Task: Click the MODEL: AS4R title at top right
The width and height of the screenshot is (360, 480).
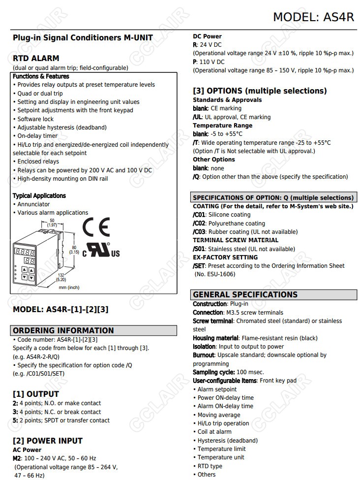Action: pyautogui.click(x=313, y=17)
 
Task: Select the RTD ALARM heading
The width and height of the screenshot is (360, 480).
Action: pyautogui.click(x=36, y=58)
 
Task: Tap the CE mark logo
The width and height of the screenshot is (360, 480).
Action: pyautogui.click(x=95, y=227)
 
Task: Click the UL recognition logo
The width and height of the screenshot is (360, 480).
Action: pyautogui.click(x=101, y=250)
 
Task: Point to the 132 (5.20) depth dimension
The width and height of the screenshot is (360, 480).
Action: pyautogui.click(x=61, y=277)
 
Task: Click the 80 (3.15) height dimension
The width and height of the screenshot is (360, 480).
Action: pyautogui.click(x=74, y=250)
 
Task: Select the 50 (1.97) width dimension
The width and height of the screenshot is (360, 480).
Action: pyautogui.click(x=52, y=223)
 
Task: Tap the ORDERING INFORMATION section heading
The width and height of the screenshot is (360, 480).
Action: pyautogui.click(x=63, y=331)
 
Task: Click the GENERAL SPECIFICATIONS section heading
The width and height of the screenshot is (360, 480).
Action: pyautogui.click(x=245, y=295)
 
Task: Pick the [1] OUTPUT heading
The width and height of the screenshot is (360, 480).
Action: pyautogui.click(x=35, y=394)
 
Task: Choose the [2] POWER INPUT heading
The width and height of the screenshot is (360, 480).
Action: pyautogui.click(x=47, y=441)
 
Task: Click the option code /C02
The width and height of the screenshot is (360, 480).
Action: pyautogui.click(x=199, y=224)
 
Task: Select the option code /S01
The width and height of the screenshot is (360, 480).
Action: pyautogui.click(x=199, y=249)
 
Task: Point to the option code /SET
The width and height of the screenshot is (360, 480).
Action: pyautogui.click(x=199, y=266)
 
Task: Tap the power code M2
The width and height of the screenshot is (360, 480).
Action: pyautogui.click(x=17, y=458)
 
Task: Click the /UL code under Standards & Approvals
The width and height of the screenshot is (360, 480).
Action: pyautogui.click(x=197, y=117)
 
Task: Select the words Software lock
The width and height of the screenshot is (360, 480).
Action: pyautogui.click(x=35, y=119)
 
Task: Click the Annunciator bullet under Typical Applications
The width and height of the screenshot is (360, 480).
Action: pyautogui.click(x=33, y=204)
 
